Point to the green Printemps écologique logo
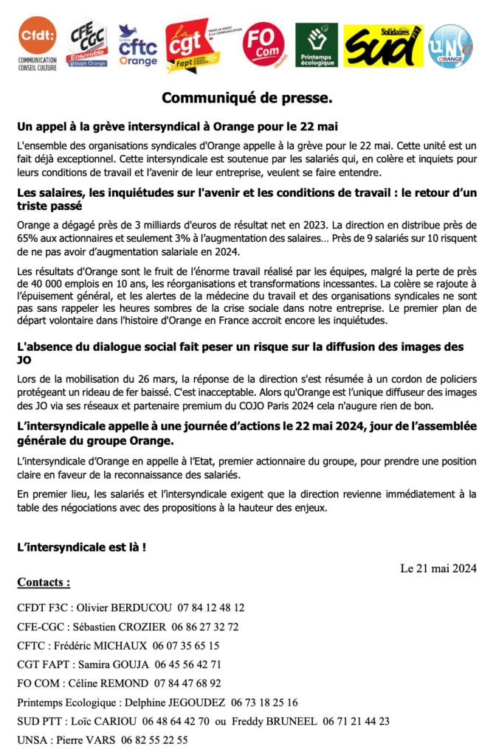click(x=317, y=45)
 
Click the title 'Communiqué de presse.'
click(x=247, y=98)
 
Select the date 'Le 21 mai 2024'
click(x=438, y=568)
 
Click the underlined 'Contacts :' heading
click(x=44, y=582)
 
